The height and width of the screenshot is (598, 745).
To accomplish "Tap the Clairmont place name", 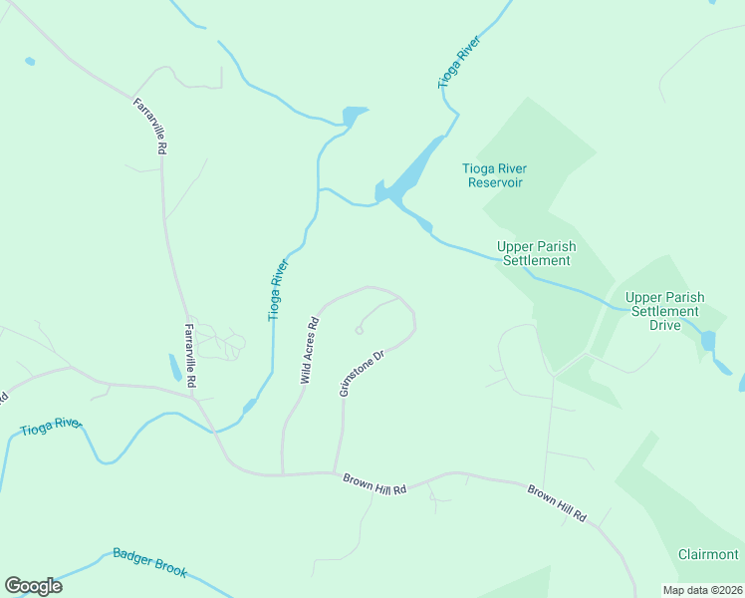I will point(708,554).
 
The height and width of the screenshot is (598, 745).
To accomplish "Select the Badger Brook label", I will point(150,562).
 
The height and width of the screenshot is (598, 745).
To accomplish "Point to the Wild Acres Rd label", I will point(310,351).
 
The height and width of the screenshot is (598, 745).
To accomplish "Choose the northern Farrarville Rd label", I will point(149,125).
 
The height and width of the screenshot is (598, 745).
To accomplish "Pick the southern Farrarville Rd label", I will point(189,356).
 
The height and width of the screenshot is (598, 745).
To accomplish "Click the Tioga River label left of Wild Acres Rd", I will point(278,289).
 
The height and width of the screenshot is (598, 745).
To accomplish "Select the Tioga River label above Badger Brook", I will point(51,428).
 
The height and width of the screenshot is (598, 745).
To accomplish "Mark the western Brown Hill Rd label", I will point(375,484).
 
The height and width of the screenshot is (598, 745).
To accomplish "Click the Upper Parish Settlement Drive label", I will point(664,311).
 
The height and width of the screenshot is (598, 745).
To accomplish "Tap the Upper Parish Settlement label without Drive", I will point(537,253).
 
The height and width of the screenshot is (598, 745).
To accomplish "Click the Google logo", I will point(33,586).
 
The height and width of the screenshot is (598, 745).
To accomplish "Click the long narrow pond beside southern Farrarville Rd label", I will point(175,368).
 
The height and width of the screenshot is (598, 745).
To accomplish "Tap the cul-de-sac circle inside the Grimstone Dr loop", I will point(360,330).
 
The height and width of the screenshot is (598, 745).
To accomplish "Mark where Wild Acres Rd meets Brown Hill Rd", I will point(283,474).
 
